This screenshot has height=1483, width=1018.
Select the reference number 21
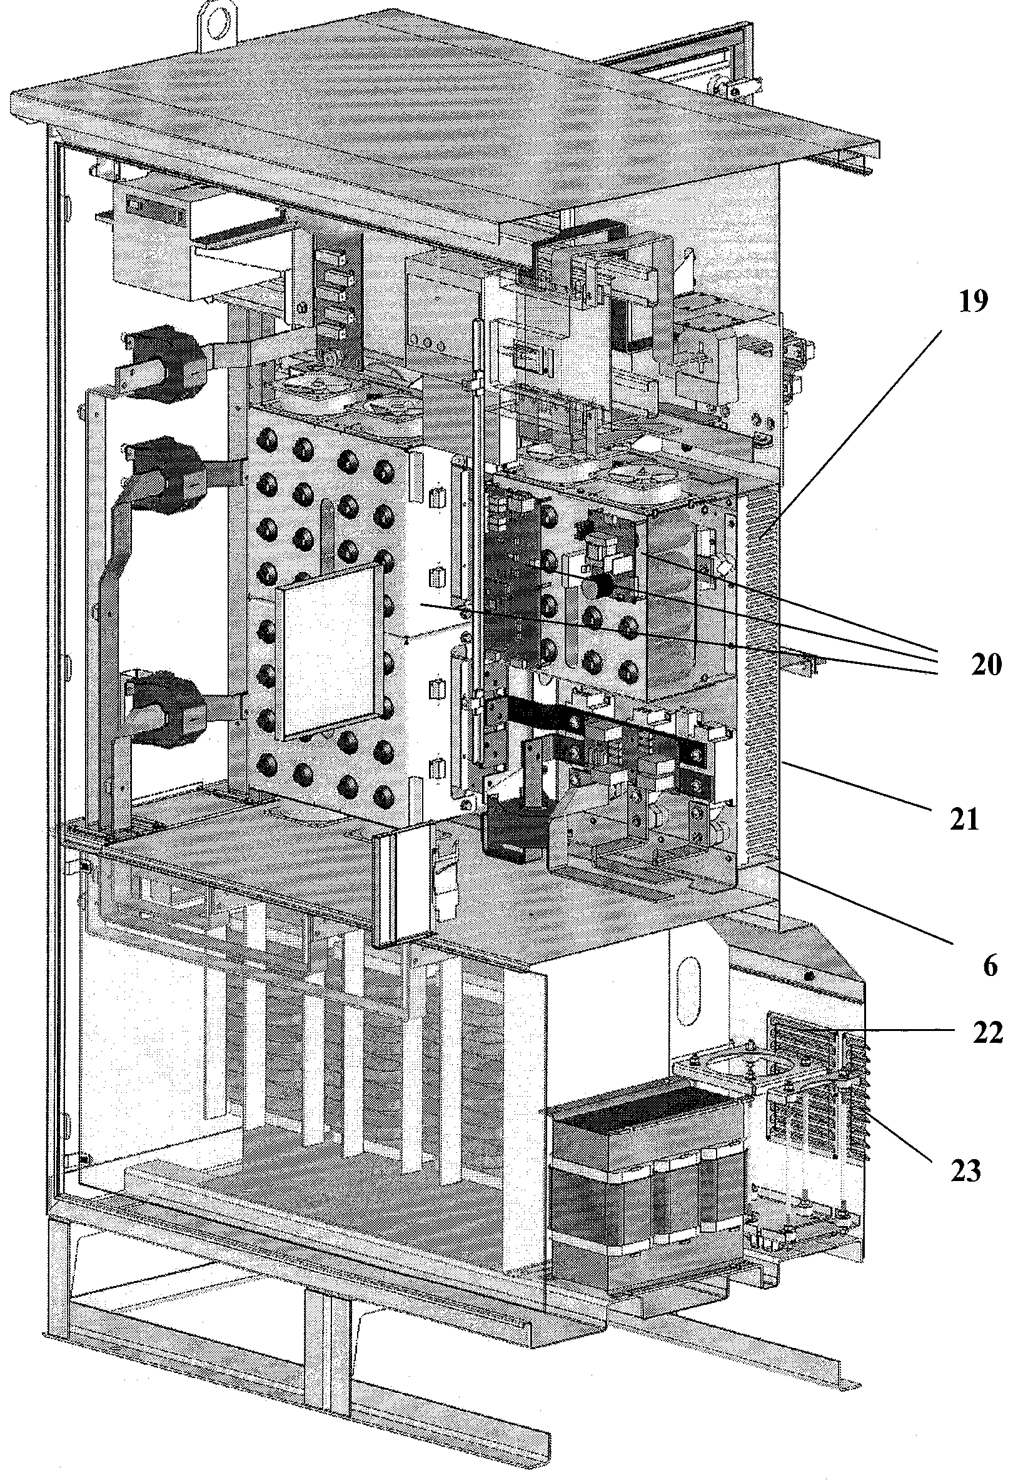964,818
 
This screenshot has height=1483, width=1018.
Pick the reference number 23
965,1171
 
